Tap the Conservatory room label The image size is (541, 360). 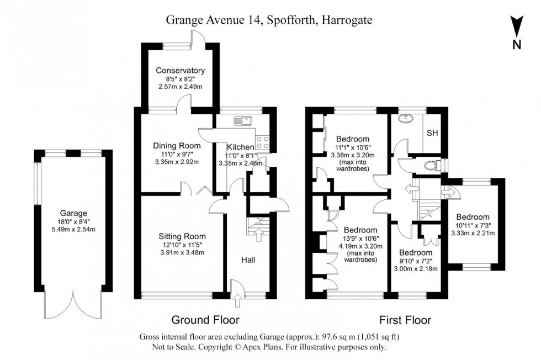tap(180, 71)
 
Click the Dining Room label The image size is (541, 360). tap(177, 146)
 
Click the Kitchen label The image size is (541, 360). tap(240, 147)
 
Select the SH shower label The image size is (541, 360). tap(432, 134)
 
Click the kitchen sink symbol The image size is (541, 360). tap(242, 120)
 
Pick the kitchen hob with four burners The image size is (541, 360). tap(262, 142)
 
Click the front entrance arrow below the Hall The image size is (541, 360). tap(238, 301)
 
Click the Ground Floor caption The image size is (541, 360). tap(205, 320)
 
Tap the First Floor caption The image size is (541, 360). tap(405, 320)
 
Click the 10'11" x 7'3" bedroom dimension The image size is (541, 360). tap(475, 225)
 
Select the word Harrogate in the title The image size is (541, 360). tap(344, 20)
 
